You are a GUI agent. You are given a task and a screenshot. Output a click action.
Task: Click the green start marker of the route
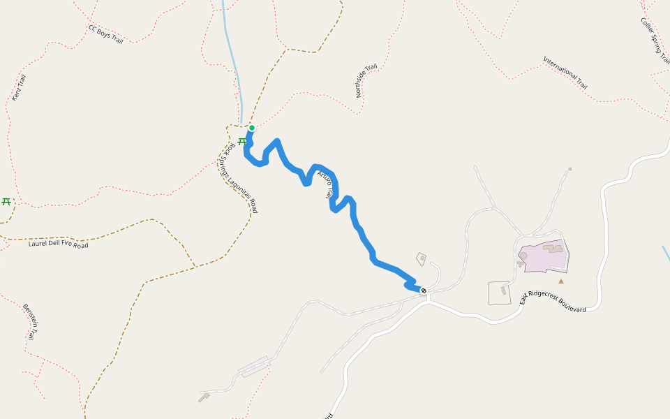tap(251, 128)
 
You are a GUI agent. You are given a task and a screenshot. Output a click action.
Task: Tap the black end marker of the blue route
tap(424, 291)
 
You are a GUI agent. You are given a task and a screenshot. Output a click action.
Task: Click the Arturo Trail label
tap(325, 185)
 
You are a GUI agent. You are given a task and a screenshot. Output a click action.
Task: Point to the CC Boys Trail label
tap(106, 34)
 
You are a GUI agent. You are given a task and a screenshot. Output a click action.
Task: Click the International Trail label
tap(565, 72)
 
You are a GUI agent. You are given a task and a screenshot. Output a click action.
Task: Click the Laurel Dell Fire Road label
tap(59, 244)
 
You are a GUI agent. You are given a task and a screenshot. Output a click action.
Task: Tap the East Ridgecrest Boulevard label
tap(553, 300)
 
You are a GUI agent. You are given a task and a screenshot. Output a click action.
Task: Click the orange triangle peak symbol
tap(560, 281)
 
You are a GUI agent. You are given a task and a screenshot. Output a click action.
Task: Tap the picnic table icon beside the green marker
tap(241, 141)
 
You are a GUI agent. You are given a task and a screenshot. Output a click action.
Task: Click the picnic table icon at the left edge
tap(6, 202)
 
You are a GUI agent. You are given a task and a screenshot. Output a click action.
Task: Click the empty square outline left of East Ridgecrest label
tap(500, 293)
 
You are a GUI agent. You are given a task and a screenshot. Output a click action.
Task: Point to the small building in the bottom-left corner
tap(204, 397)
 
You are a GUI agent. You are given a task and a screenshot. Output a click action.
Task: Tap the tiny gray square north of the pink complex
tap(570, 169)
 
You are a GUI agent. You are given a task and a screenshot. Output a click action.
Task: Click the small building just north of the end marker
tap(422, 258)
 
